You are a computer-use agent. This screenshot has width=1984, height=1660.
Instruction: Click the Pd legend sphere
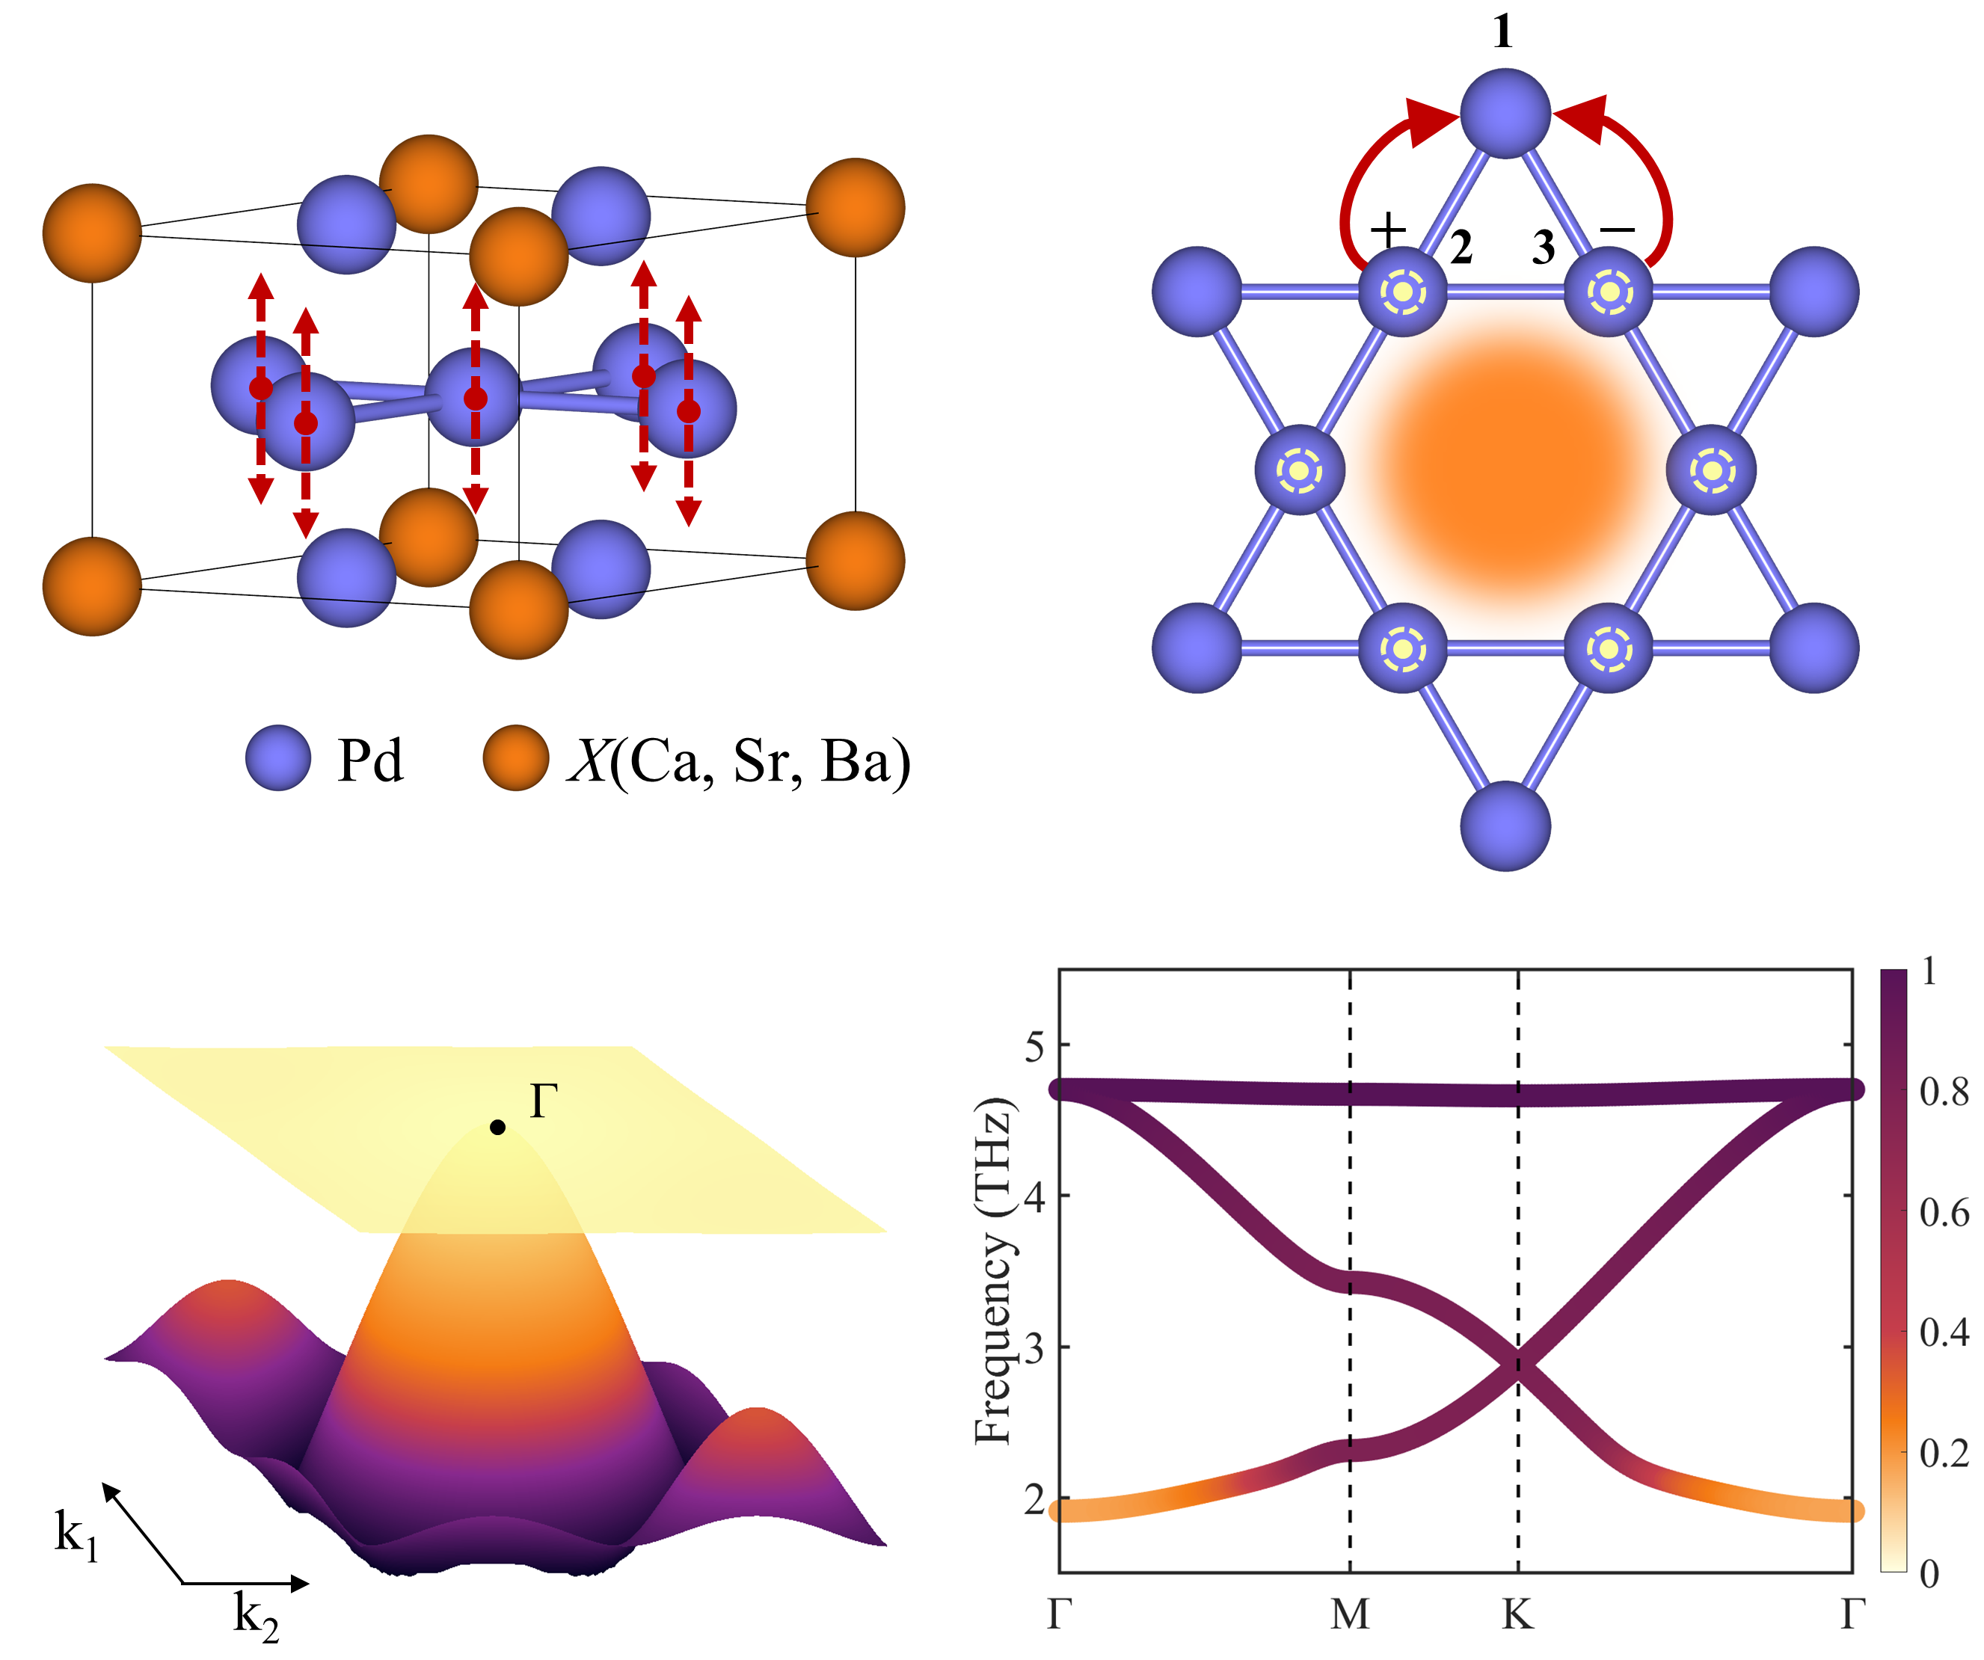(277, 757)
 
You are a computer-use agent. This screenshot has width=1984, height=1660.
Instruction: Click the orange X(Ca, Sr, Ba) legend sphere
(515, 757)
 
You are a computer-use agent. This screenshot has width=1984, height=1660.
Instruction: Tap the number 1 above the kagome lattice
(1502, 33)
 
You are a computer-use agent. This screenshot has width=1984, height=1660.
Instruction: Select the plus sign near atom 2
(1389, 229)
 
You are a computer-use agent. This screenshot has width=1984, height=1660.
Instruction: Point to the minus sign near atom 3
(1618, 230)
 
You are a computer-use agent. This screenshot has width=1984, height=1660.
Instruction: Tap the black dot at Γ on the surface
(498, 1127)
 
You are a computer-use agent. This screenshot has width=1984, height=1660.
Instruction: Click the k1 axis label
(76, 1535)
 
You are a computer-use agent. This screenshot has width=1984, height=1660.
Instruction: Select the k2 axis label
(256, 1616)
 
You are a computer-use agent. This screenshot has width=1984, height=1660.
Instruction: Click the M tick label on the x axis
(1349, 1614)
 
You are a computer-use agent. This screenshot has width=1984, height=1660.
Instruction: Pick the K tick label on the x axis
(1517, 1614)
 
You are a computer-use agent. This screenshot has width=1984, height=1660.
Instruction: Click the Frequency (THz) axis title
(994, 1270)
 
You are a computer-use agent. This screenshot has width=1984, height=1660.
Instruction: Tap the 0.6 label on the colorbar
(1944, 1212)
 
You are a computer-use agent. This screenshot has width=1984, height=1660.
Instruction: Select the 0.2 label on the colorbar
(1944, 1453)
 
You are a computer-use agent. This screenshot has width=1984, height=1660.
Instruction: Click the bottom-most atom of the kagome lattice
(1505, 826)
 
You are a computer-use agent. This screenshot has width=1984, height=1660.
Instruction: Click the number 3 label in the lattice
(1543, 248)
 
